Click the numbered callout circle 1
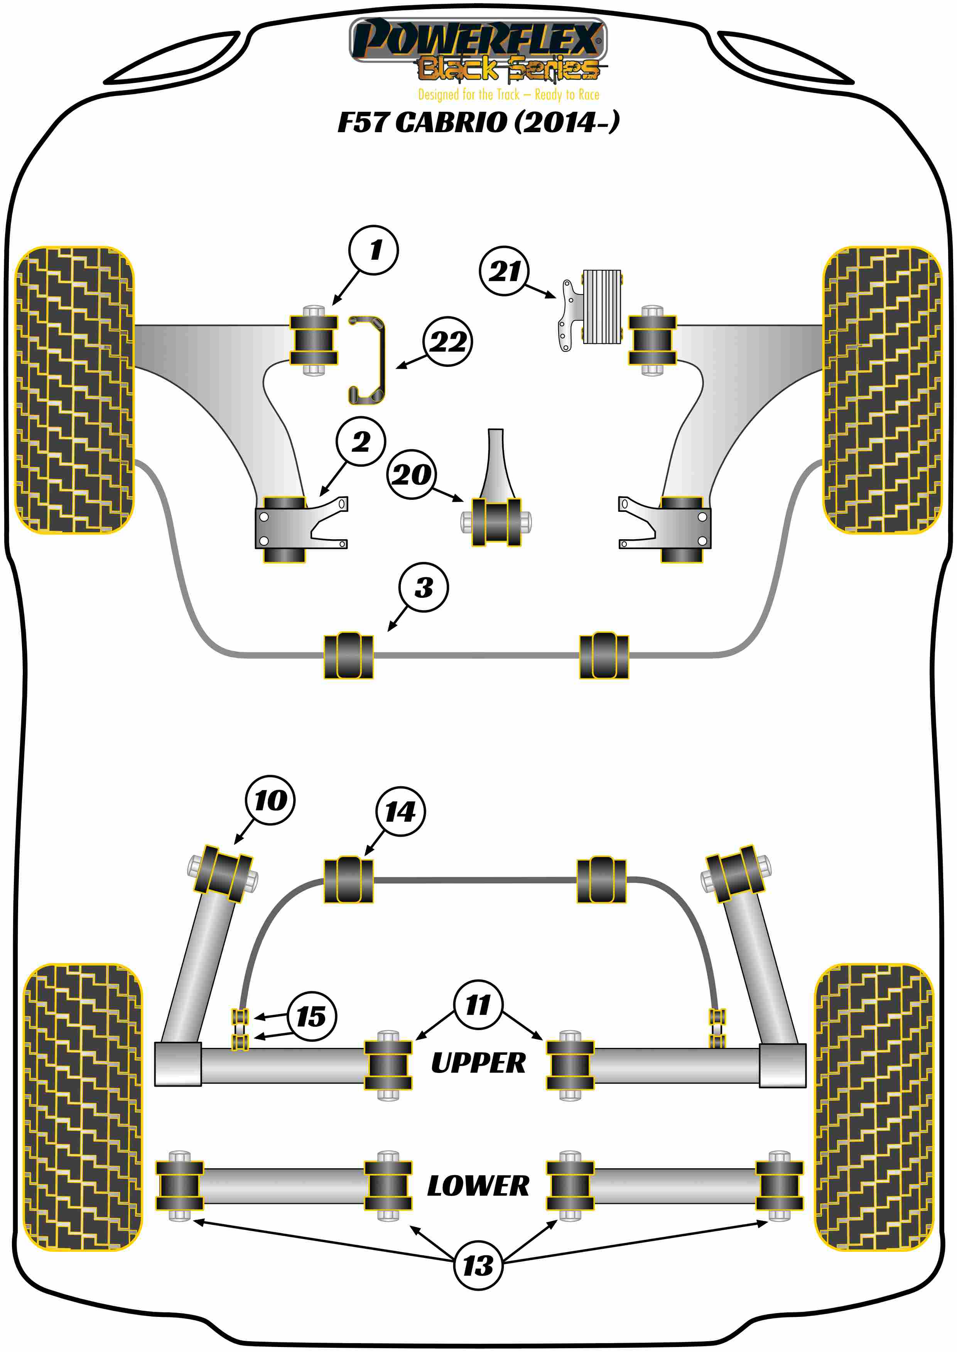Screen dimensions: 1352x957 point(374,250)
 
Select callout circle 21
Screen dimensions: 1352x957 point(505,271)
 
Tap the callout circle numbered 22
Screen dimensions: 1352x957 point(448,341)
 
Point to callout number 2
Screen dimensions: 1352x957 point(361,442)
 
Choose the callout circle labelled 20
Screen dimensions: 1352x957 point(411,474)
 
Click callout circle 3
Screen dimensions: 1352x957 point(423,587)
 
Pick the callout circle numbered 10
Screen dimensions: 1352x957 point(270,800)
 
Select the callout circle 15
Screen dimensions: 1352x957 point(312,1016)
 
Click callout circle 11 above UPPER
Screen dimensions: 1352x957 point(478,1005)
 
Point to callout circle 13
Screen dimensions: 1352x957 point(478,1265)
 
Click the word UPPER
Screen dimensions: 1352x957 point(478,1063)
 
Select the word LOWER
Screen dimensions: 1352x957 point(478,1186)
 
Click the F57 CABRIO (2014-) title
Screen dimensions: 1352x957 point(478,122)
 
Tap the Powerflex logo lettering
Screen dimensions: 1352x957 point(478,40)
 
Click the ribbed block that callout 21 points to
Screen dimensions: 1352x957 point(602,307)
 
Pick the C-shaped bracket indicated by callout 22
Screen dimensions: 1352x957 point(369,360)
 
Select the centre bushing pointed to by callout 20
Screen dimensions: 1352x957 point(496,522)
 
